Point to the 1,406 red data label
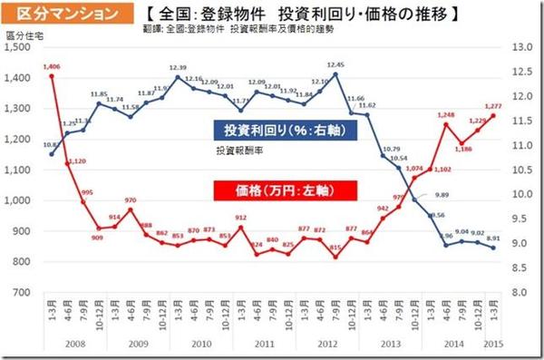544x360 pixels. pyautogui.click(x=52, y=66)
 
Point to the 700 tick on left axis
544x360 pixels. pyautogui.click(x=23, y=293)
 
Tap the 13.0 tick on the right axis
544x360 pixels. pyautogui.click(x=523, y=47)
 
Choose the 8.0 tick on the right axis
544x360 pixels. pyautogui.click(x=523, y=293)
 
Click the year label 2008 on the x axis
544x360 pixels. pyautogui.click(x=74, y=345)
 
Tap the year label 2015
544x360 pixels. pyautogui.click(x=495, y=345)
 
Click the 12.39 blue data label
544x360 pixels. pyautogui.click(x=177, y=68)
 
